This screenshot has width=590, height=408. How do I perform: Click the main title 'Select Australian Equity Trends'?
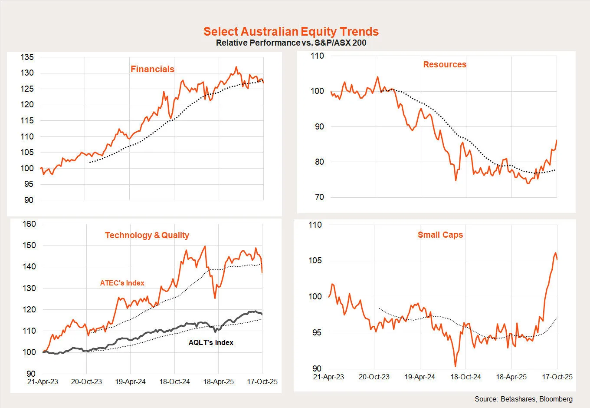(x=291, y=31)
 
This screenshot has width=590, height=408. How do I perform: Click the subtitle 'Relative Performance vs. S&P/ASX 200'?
(x=291, y=43)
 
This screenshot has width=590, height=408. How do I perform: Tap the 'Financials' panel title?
(x=152, y=69)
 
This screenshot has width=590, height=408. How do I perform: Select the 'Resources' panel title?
(x=445, y=64)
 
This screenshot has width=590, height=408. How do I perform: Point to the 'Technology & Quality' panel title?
(x=147, y=235)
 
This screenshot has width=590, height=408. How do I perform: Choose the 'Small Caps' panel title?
(x=440, y=235)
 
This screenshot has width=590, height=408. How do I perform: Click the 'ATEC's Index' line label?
(x=122, y=283)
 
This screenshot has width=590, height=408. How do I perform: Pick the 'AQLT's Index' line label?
(x=211, y=342)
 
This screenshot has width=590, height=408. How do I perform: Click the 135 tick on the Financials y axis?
(x=27, y=57)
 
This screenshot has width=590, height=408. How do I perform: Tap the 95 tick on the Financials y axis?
(x=29, y=184)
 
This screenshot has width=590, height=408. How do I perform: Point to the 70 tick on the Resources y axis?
(x=319, y=197)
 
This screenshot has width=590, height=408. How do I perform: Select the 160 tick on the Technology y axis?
(x=29, y=224)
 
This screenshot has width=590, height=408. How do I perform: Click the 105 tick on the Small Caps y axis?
(x=315, y=261)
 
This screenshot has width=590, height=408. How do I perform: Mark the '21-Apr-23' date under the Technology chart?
(x=43, y=381)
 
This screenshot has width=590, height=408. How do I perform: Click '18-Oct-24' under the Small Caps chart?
(x=465, y=377)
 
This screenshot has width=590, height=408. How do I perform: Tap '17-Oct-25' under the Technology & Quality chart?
(x=262, y=381)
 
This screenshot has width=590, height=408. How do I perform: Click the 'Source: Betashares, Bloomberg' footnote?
(x=523, y=399)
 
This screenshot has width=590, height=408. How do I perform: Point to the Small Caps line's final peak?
(x=555, y=252)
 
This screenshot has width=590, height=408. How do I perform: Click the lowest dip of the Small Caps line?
(x=456, y=366)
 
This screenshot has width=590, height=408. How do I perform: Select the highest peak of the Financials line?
(x=236, y=67)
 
